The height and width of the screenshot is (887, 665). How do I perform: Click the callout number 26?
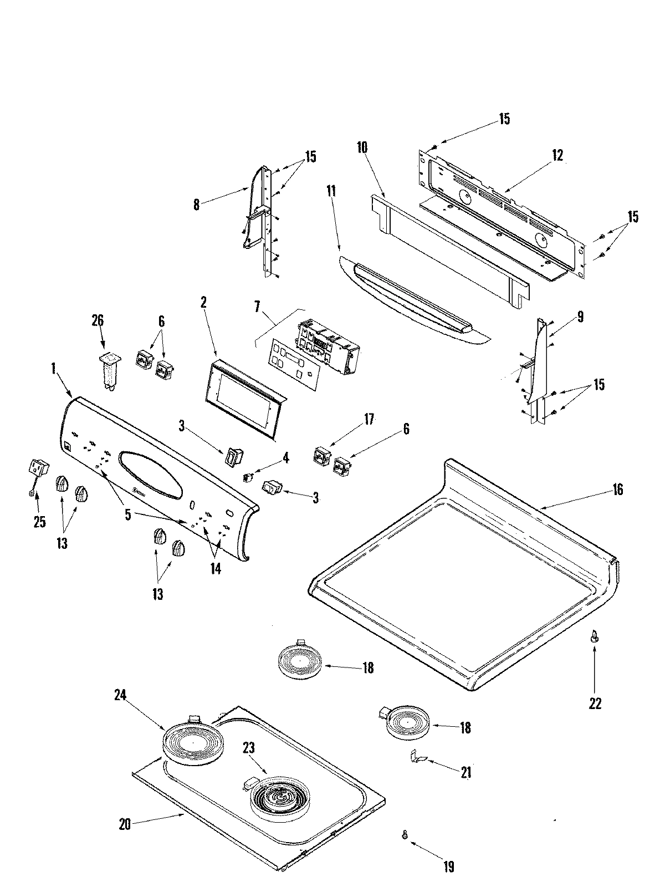[x=98, y=321]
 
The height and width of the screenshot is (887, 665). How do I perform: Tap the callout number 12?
[x=557, y=156]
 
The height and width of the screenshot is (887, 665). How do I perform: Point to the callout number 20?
[x=125, y=824]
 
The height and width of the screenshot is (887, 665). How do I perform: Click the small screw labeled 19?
[x=406, y=833]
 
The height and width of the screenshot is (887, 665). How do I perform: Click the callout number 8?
[x=196, y=204]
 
